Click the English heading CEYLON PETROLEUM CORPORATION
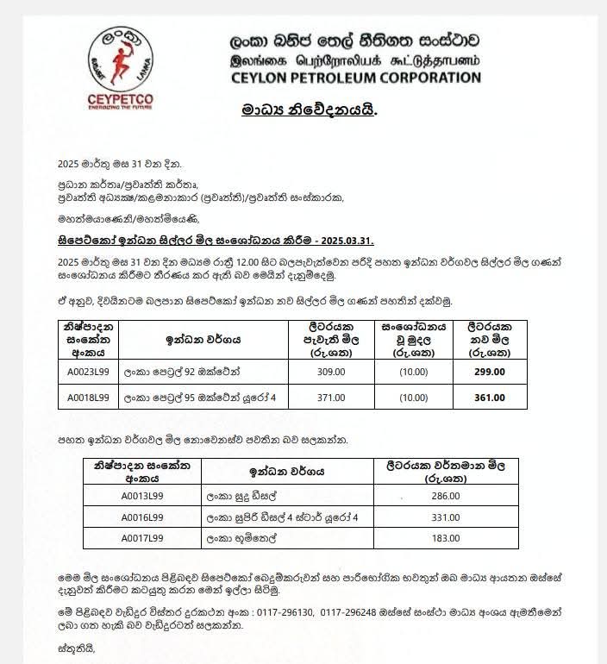(355, 78)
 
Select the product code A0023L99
(88, 372)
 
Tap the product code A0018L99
(88, 397)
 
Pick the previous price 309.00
(330, 372)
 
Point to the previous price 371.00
(330, 397)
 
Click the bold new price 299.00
(489, 372)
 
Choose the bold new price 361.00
(489, 397)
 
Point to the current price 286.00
(445, 495)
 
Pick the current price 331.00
(445, 517)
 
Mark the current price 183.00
(445, 538)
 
